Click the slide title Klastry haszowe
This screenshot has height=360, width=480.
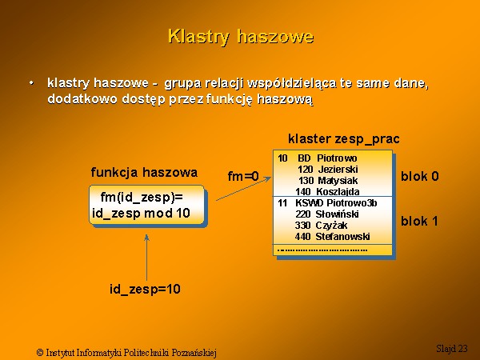[x=241, y=37]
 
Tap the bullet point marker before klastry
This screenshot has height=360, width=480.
[x=31, y=83]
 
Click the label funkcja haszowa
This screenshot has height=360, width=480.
[x=144, y=172]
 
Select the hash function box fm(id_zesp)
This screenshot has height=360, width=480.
[x=146, y=205]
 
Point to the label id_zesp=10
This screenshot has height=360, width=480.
[x=145, y=289]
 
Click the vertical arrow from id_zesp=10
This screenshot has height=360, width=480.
[x=146, y=258]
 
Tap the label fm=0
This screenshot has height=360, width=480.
[x=243, y=176]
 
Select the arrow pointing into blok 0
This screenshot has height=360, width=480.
[x=244, y=188]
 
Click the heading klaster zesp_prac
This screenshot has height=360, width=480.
[x=344, y=139]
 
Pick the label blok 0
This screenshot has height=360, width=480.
[x=420, y=176]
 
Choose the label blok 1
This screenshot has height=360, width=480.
[x=419, y=221]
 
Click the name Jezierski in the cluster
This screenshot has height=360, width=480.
[x=338, y=169]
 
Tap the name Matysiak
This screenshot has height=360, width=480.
[x=338, y=180]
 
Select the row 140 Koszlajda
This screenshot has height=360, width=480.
[x=327, y=192]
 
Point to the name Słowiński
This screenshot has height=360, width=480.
[x=337, y=214]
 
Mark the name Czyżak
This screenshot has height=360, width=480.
[x=331, y=226]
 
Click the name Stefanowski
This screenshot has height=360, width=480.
[x=342, y=236]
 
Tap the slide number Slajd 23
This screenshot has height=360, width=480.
[x=452, y=348]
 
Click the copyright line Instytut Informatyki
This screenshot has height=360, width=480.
[x=126, y=352]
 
